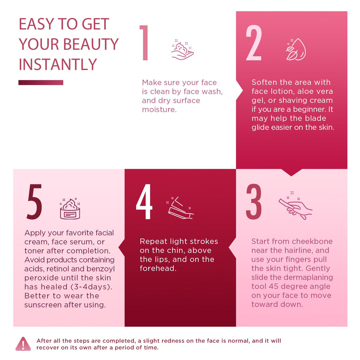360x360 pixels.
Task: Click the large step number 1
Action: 144,43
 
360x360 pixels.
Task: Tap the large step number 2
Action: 254,43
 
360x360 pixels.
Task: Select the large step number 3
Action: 254,202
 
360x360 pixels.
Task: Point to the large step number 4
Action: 144,202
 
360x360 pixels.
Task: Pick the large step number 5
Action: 35,202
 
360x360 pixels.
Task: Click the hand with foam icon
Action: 183,50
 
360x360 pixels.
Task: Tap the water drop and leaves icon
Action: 296,49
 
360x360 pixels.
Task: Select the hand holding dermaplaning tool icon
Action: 296,206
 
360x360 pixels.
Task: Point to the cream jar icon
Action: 70,209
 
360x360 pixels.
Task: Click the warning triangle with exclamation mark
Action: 23,344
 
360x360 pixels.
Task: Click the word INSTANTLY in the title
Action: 58,64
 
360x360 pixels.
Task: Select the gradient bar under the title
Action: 41,82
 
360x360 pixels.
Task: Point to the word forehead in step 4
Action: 158,268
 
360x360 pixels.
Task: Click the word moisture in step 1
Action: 159,109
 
